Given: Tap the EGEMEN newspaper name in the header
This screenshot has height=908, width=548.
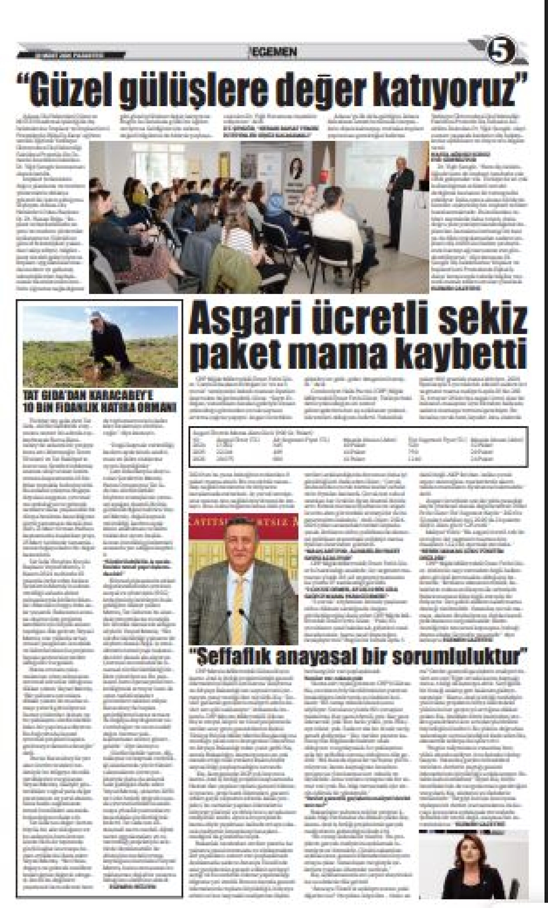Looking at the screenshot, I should point(274,52).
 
